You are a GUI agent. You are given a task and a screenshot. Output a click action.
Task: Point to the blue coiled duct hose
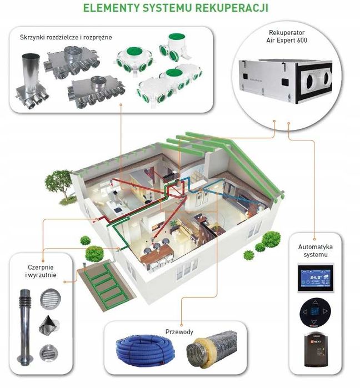click(x=145, y=350)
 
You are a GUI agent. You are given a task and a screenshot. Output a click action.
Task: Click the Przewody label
click(x=179, y=332)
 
